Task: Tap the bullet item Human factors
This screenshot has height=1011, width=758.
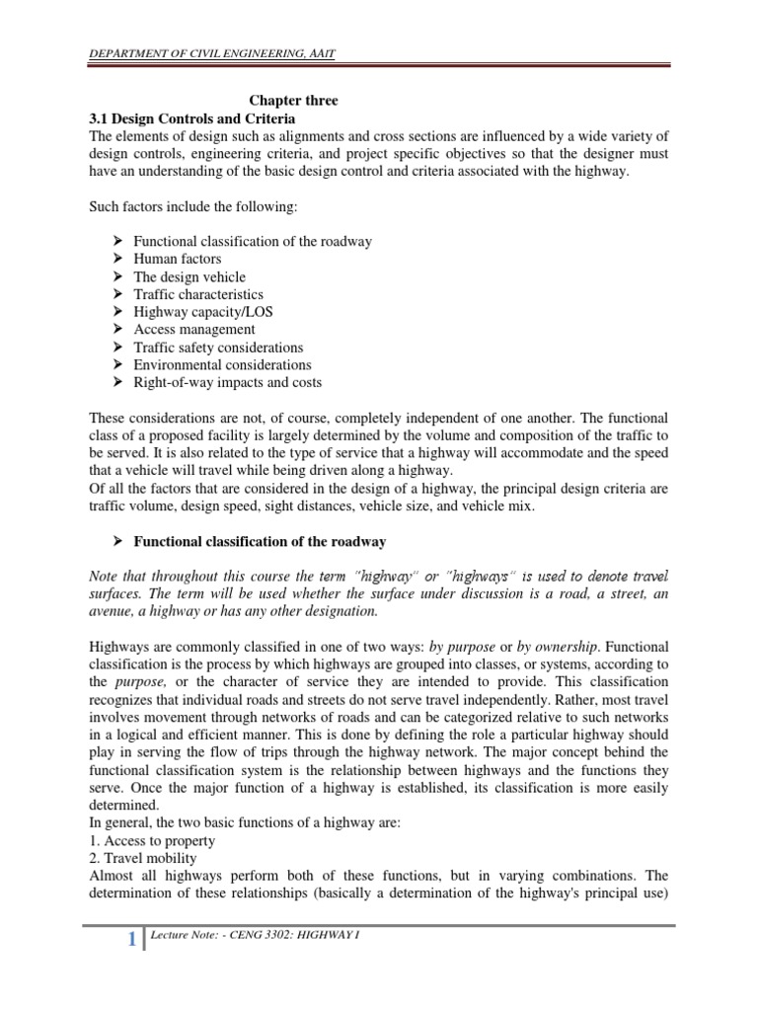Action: tap(178, 260)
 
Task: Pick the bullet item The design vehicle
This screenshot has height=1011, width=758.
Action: tap(189, 277)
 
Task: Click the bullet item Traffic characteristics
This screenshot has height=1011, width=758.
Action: tap(198, 294)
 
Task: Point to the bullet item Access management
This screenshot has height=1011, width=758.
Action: tap(194, 330)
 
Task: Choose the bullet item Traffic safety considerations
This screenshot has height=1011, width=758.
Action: tap(218, 348)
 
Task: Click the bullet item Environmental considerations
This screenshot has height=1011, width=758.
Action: tap(222, 364)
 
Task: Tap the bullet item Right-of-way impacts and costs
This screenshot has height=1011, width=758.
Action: tap(228, 382)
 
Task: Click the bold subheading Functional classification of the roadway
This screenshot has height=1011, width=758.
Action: tap(260, 542)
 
